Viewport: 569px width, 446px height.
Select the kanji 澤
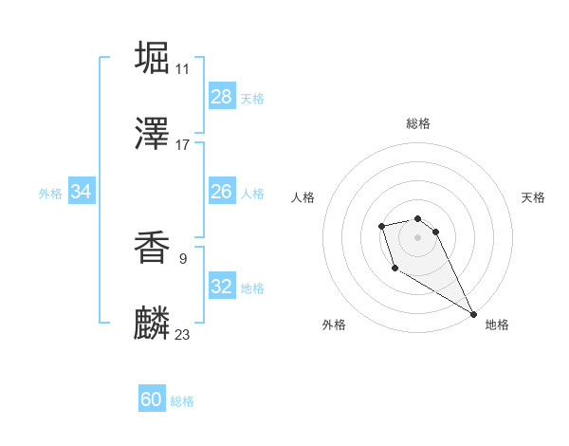[x=153, y=135]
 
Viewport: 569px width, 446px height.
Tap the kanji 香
[x=153, y=248]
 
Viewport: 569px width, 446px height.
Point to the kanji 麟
[x=153, y=325]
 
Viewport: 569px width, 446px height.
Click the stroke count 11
[x=182, y=68]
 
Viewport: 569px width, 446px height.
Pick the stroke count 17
[x=182, y=145]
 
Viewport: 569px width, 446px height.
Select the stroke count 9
[x=182, y=257]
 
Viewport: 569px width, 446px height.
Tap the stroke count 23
[x=182, y=334]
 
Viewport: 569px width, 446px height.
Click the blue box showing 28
[x=222, y=97]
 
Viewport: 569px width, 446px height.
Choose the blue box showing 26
[x=222, y=192]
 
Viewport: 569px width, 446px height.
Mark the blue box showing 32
[x=222, y=287]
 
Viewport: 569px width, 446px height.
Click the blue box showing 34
[x=82, y=192]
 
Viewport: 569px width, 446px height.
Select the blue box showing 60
[x=152, y=400]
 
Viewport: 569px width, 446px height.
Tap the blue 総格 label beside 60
[x=182, y=401]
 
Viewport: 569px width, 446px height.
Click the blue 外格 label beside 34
[x=50, y=194]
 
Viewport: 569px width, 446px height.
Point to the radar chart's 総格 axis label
[x=417, y=123]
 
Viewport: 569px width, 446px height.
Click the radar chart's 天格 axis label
[x=533, y=197]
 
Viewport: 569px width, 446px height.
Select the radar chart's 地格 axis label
[x=497, y=325]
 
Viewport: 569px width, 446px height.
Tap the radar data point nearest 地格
[x=473, y=314]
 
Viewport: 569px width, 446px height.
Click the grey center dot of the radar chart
[x=417, y=236]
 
